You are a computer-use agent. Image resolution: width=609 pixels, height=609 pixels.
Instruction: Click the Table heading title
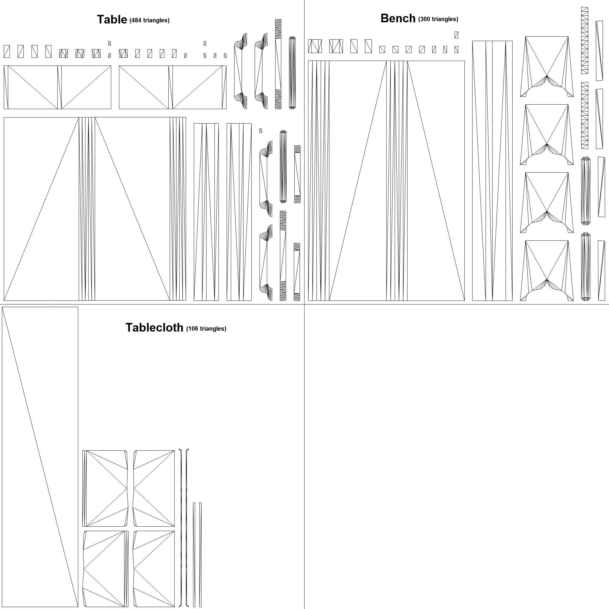(x=112, y=20)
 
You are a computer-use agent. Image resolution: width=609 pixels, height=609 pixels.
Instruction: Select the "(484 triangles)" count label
(x=149, y=21)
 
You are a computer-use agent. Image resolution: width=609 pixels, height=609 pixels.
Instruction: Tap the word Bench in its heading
(x=398, y=18)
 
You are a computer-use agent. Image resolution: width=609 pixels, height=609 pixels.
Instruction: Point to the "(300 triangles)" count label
(x=438, y=19)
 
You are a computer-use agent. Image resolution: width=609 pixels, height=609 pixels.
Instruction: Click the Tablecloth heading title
(x=154, y=327)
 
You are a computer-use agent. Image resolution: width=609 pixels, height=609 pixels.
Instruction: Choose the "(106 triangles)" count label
(x=206, y=329)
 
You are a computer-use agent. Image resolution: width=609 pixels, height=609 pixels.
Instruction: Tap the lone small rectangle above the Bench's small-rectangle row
(x=456, y=35)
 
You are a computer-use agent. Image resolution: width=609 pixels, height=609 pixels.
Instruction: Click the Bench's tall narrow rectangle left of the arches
(x=492, y=170)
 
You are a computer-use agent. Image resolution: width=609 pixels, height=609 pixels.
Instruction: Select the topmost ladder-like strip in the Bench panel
(x=584, y=40)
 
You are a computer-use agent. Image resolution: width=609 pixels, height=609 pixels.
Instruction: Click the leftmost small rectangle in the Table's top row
(x=7, y=51)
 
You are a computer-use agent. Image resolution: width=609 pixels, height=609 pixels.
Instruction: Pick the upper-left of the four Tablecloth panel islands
(x=106, y=488)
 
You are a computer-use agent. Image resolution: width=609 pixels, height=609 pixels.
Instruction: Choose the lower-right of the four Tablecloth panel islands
(x=154, y=569)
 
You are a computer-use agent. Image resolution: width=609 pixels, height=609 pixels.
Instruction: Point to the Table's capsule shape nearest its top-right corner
(x=292, y=73)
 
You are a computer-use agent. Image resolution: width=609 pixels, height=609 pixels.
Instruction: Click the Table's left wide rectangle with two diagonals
(x=57, y=87)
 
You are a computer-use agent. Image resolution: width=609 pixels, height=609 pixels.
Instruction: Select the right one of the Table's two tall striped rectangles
(x=239, y=212)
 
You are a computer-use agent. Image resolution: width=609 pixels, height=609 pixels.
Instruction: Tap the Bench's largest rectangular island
(x=386, y=180)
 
